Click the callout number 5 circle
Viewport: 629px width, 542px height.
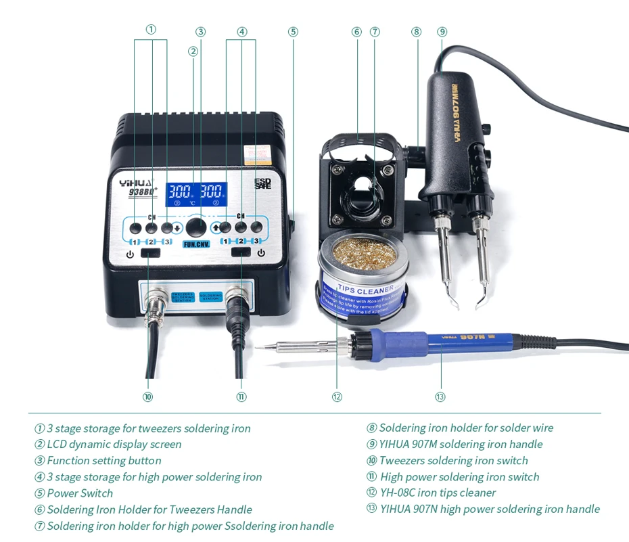(x=293, y=31)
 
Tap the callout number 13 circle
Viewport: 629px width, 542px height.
(x=440, y=397)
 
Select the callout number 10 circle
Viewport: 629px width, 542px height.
(x=147, y=397)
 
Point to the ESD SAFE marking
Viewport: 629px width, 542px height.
(x=262, y=183)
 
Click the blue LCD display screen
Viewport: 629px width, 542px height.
(x=197, y=192)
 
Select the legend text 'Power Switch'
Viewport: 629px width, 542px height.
(x=80, y=493)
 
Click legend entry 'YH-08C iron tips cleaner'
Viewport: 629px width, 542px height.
(x=437, y=493)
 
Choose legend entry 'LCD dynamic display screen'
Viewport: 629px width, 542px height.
(x=114, y=445)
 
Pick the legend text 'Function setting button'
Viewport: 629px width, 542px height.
(x=103, y=461)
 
